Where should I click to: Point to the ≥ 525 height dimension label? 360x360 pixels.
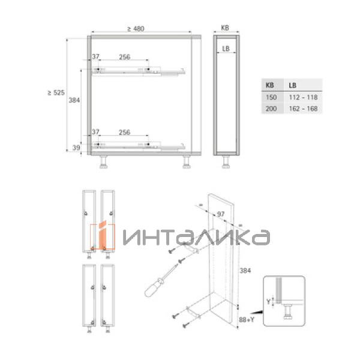tap(56, 92)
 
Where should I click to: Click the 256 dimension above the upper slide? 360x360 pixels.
tap(124, 57)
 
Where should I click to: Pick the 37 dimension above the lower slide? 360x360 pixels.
tap(95, 132)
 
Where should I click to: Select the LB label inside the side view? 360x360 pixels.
tap(226, 49)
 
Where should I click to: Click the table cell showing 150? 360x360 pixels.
tap(271, 97)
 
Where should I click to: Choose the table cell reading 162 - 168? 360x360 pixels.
tap(303, 109)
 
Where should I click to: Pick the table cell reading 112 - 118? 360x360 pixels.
tap(303, 97)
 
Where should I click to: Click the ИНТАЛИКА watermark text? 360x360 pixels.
tap(195, 237)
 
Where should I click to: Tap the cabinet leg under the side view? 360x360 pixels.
tap(226, 160)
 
